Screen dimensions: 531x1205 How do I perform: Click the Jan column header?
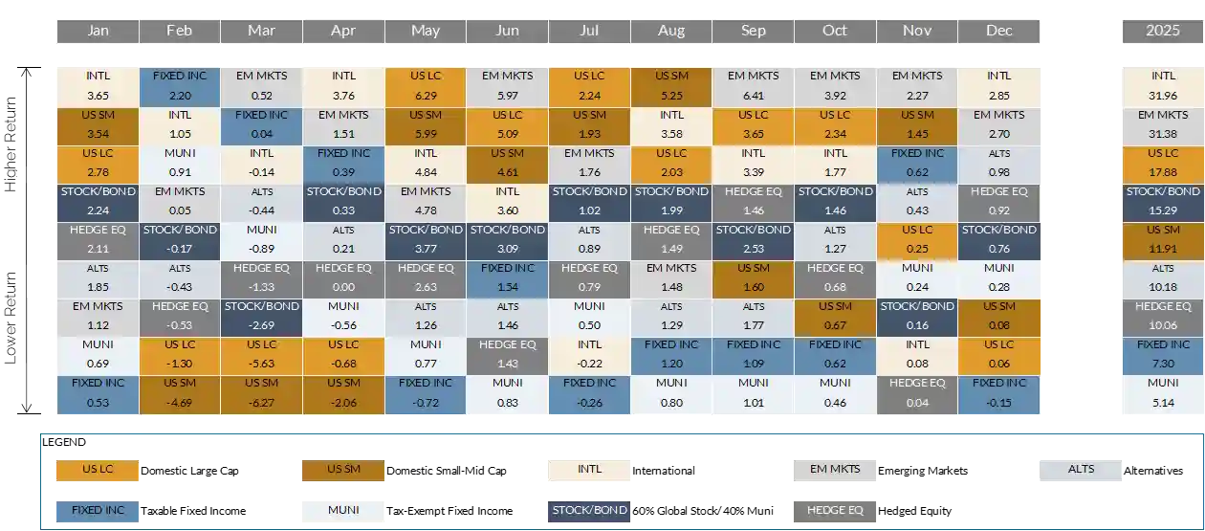pos(98,31)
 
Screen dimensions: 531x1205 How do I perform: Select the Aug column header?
pos(671,31)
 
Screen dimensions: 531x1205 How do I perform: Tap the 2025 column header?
pos(1163,31)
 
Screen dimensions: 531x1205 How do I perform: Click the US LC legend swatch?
pos(98,470)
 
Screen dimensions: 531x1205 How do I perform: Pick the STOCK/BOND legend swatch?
pos(589,511)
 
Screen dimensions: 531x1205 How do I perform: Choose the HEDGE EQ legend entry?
pos(835,511)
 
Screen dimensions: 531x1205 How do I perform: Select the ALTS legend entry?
pos(1081,470)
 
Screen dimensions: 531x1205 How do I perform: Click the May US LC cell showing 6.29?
pos(426,86)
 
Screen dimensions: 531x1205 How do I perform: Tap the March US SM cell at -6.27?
pos(261,394)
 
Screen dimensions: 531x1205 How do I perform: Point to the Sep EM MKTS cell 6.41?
pos(753,86)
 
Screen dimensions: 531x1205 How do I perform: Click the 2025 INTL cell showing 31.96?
pos(1163,86)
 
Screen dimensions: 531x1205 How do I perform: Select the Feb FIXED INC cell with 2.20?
pos(179,86)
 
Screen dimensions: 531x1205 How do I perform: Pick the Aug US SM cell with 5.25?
pos(671,86)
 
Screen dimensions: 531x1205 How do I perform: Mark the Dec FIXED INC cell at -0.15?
pos(998,394)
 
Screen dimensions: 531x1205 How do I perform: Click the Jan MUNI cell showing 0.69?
pos(98,356)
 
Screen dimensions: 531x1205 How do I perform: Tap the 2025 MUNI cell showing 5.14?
pos(1163,394)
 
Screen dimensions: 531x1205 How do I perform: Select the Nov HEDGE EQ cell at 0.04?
pos(917,394)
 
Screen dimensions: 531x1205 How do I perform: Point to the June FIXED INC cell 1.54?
pos(507,278)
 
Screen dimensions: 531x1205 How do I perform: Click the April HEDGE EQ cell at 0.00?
pos(343,278)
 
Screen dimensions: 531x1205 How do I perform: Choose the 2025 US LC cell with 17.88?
pos(1163,163)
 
